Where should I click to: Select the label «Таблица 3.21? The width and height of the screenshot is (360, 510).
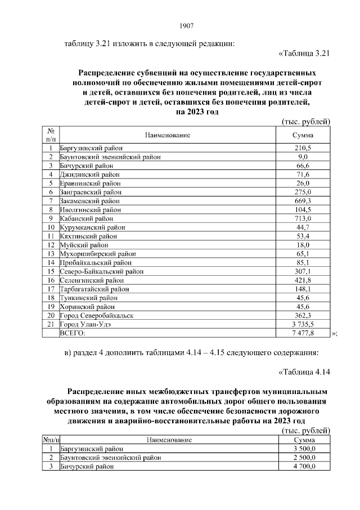point(303,53)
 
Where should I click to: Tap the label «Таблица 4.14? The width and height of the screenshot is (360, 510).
point(303,371)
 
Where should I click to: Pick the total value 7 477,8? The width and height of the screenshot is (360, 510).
point(303,333)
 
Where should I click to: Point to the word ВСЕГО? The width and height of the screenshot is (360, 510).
point(73,333)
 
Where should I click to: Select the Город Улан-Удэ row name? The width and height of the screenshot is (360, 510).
point(86,325)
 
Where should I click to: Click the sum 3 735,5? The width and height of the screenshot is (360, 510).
point(303,325)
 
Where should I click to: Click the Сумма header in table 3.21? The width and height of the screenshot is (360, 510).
point(303,135)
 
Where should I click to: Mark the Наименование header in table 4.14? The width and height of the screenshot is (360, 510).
point(169,440)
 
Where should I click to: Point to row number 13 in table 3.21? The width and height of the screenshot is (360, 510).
point(51,254)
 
